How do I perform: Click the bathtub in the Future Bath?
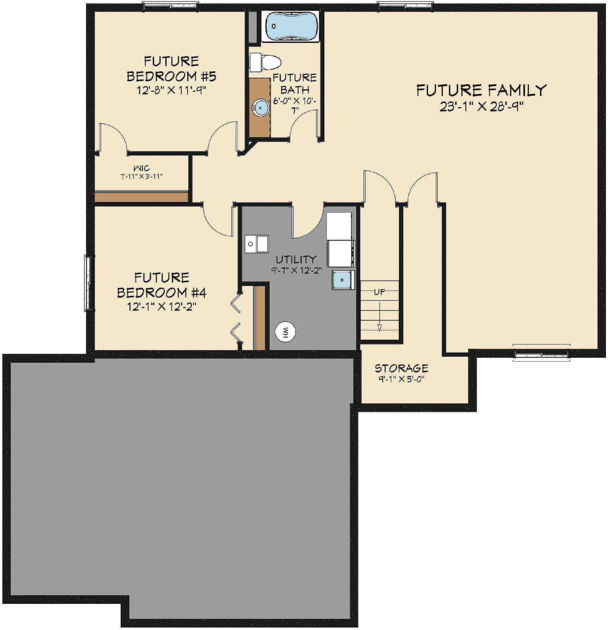click(x=289, y=26)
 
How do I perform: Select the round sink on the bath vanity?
click(x=261, y=106)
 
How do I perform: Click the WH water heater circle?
click(x=285, y=331)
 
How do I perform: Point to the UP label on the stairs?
click(x=379, y=292)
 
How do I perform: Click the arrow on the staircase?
click(x=379, y=318)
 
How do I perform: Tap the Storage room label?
click(x=401, y=368)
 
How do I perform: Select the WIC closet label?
click(x=141, y=168)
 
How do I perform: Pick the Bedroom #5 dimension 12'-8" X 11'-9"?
click(x=172, y=91)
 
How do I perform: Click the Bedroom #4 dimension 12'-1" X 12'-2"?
click(x=162, y=307)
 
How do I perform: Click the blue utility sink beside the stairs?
click(x=342, y=280)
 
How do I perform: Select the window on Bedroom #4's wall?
click(x=88, y=283)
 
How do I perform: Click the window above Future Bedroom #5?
click(x=171, y=6)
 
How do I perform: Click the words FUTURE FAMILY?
click(x=481, y=90)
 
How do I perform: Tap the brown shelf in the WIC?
click(x=141, y=197)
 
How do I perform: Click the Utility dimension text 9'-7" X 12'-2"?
click(x=296, y=270)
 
